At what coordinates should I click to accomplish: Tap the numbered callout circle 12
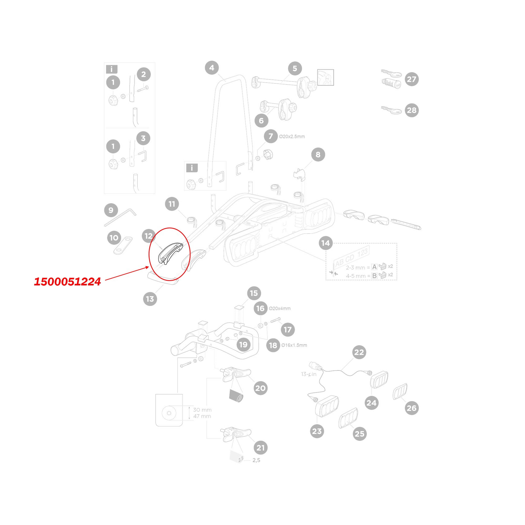coord(149,236)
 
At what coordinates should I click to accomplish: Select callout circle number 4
coord(212,68)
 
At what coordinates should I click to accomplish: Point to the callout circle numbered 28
coord(412,110)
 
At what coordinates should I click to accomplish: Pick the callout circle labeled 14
coord(326,243)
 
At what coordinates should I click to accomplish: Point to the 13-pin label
coord(309,374)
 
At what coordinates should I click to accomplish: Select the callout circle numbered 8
coord(318,155)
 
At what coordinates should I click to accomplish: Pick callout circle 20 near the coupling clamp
coord(260,388)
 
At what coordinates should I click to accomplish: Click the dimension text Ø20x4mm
coord(280,308)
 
